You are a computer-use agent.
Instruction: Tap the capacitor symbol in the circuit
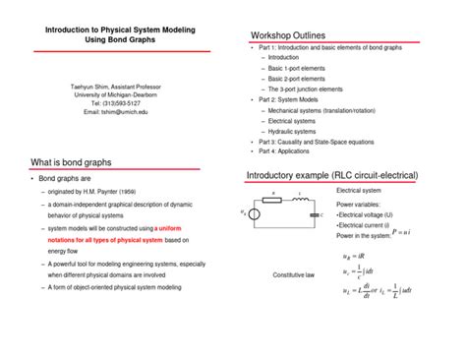[x=313, y=212]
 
